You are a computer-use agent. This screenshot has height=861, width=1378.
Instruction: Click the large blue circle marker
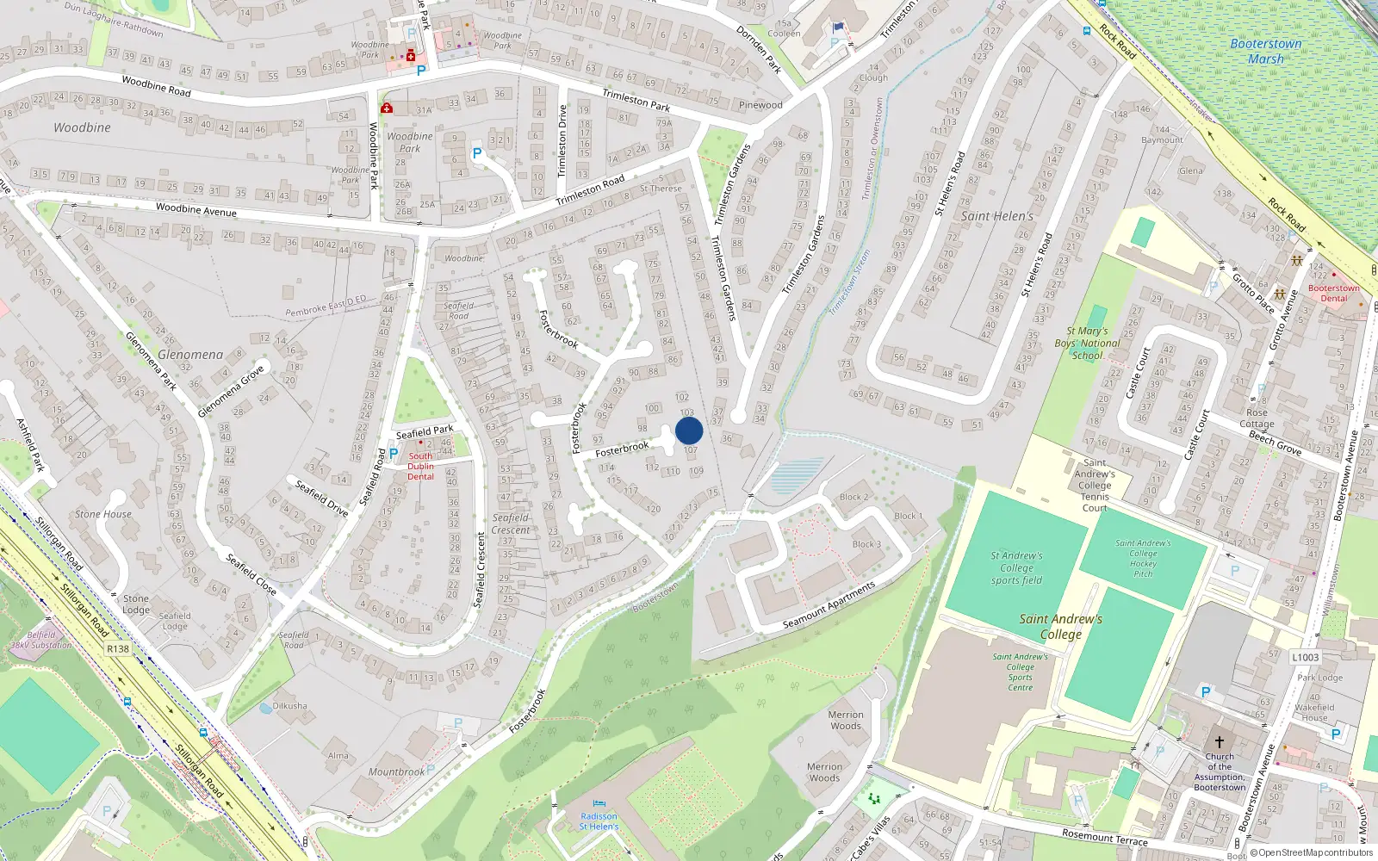click(689, 430)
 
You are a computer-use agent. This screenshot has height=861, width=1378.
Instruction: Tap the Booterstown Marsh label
click(1265, 51)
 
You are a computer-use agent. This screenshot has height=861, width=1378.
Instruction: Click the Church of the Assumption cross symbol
click(1220, 741)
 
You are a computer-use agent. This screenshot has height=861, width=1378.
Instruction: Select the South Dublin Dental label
click(420, 466)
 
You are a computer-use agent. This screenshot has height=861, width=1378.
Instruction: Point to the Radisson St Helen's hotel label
click(599, 821)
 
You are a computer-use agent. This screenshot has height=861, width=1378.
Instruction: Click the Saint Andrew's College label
click(1060, 626)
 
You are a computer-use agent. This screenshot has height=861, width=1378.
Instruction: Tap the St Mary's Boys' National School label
click(1087, 343)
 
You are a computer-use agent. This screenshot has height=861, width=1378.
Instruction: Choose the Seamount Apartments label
click(829, 604)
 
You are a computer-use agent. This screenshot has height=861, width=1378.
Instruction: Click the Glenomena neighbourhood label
click(190, 355)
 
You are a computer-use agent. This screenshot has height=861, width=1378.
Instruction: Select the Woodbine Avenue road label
click(196, 209)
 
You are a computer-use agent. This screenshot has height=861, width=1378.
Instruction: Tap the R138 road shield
click(118, 649)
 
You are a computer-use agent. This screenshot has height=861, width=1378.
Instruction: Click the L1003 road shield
click(1305, 657)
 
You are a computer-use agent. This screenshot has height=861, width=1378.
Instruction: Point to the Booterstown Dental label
click(1333, 293)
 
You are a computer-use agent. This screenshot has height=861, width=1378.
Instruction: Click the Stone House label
click(103, 514)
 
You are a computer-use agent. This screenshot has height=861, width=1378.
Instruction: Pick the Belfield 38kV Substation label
click(41, 640)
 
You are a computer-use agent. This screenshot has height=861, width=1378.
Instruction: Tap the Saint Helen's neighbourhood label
click(996, 216)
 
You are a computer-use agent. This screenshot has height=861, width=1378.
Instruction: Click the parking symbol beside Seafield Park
click(394, 454)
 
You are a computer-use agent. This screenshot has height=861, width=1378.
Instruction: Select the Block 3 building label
click(866, 544)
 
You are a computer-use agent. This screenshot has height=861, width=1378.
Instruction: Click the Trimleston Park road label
click(636, 100)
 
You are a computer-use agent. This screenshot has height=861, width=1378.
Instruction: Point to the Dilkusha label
click(289, 706)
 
